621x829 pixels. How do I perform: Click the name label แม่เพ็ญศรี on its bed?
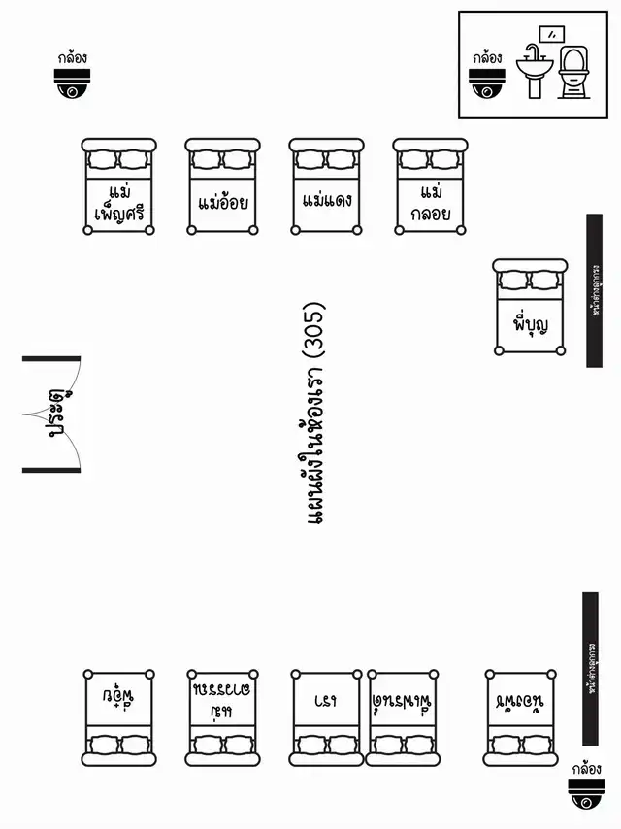tap(119, 202)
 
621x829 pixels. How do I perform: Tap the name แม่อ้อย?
tap(223, 204)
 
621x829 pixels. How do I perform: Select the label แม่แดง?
tap(327, 202)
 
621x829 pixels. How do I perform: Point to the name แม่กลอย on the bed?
tap(431, 202)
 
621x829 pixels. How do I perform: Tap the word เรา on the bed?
tap(327, 698)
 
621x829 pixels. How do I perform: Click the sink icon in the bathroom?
tap(534, 72)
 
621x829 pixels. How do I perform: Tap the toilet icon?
tap(573, 74)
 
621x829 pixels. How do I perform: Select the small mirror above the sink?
tap(552, 32)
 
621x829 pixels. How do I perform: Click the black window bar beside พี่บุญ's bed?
tap(594, 290)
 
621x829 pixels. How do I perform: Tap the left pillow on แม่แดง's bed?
tap(310, 159)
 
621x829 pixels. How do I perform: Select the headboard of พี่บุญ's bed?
tap(530, 266)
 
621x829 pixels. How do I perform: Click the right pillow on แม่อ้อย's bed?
tap(239, 159)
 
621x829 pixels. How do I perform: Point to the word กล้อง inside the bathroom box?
tap(487, 58)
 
